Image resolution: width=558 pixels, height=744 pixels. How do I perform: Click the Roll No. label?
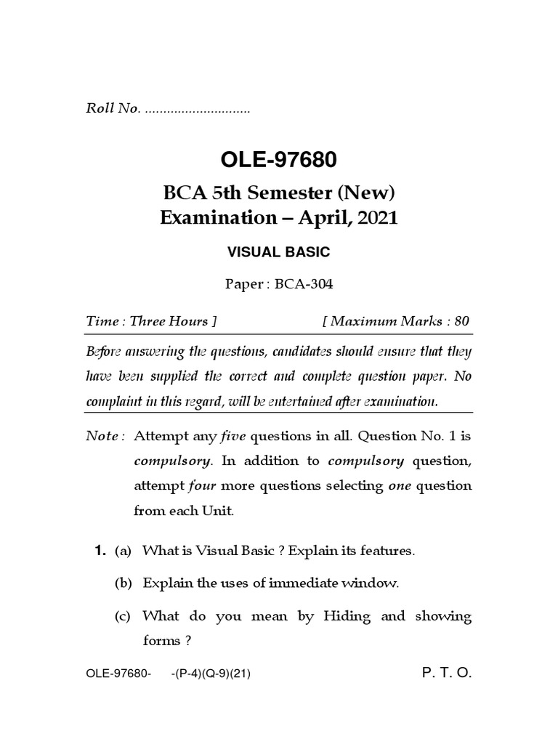112,110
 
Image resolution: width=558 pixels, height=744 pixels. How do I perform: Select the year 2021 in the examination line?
377,218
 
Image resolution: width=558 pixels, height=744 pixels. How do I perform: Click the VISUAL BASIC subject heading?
279,252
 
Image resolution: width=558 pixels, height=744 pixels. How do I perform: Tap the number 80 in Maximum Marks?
463,320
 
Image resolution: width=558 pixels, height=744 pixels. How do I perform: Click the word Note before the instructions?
102,436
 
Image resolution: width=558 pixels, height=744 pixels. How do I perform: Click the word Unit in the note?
219,510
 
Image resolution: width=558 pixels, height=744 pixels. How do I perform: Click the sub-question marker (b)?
123,583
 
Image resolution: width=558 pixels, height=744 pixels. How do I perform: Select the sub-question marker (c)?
123,617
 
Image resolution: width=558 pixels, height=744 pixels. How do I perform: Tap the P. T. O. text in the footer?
447,674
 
